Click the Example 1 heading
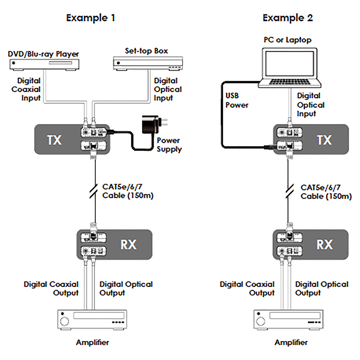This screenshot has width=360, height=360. click(x=90, y=18)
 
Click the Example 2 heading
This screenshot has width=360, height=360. click(x=287, y=18)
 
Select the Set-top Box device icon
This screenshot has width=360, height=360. click(x=148, y=63)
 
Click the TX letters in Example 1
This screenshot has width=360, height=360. click(x=54, y=140)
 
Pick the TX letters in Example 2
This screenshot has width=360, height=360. click(x=324, y=140)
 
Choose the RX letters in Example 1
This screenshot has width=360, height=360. click(x=128, y=244)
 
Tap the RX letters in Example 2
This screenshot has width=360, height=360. click(x=325, y=244)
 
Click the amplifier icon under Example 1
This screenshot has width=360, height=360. click(x=92, y=320)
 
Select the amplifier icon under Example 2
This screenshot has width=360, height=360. click(x=288, y=320)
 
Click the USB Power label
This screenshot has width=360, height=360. click(x=237, y=100)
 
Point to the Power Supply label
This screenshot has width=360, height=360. click(x=169, y=145)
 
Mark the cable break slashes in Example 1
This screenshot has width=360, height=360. click(x=94, y=191)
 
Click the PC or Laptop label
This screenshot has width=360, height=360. click(x=287, y=40)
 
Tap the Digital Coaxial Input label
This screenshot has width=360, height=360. click(x=26, y=89)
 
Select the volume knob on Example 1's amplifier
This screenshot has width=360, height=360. click(x=64, y=322)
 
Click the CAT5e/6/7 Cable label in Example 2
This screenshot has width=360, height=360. click(x=326, y=192)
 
